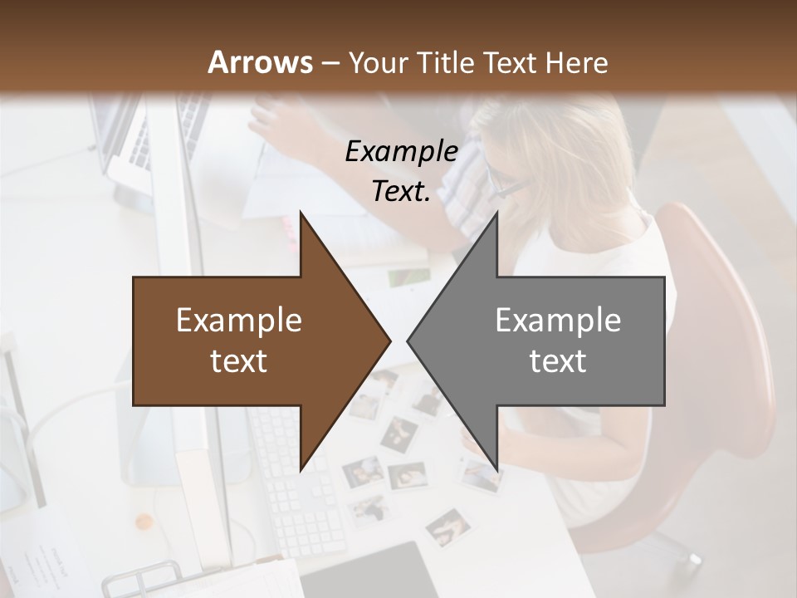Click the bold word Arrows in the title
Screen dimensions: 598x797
pyautogui.click(x=259, y=62)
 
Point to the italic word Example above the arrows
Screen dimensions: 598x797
pyautogui.click(x=401, y=151)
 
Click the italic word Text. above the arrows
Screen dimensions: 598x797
pyautogui.click(x=401, y=191)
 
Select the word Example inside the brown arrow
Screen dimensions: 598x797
pyautogui.click(x=239, y=321)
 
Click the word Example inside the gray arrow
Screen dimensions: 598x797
pyautogui.click(x=558, y=321)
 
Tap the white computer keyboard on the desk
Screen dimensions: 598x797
pyautogui.click(x=299, y=490)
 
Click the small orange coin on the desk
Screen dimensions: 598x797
pyautogui.click(x=144, y=522)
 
